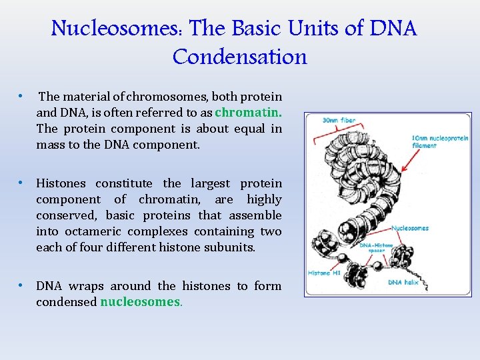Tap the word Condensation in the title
pos(240,57)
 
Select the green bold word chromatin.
pos(248,113)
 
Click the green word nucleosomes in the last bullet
pos(141,302)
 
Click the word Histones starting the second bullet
pos(61,183)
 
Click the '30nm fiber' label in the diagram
pos(339,121)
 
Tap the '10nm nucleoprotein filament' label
pos(440,142)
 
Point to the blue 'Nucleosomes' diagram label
pos(410,228)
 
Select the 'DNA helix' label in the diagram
pos(404,282)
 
